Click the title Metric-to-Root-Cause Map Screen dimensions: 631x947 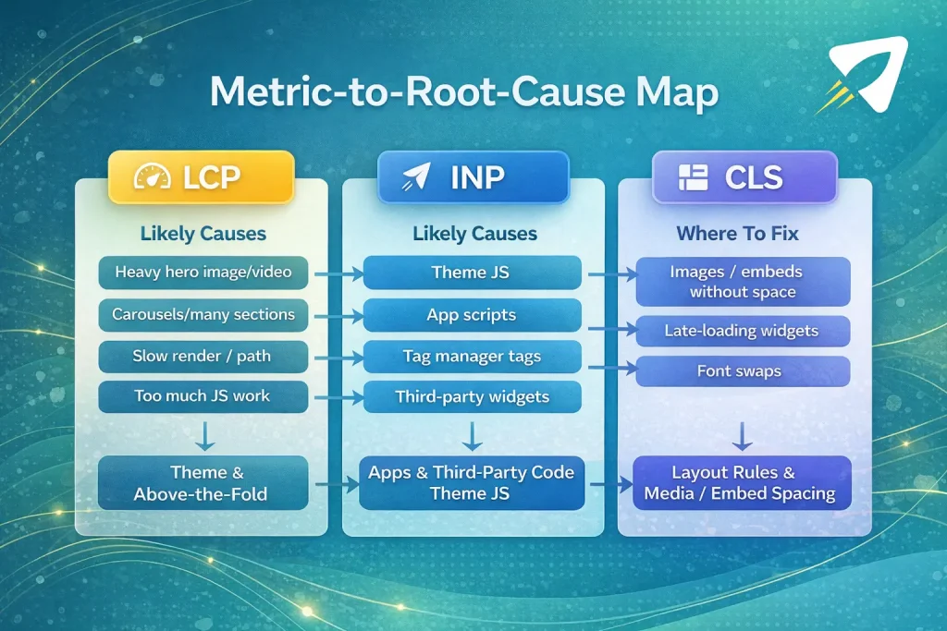pos(464,94)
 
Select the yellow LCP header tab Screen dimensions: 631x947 pos(201,177)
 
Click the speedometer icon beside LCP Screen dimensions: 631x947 pos(152,177)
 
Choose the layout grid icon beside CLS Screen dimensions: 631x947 pos(692,177)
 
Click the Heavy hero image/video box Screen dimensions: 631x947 pos(203,273)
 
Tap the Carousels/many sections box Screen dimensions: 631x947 pos(203,314)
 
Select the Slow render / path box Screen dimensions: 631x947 pos(203,356)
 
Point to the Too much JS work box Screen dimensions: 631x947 pos(203,396)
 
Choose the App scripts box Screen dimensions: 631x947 pos(472,315)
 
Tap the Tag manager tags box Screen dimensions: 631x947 pos(472,357)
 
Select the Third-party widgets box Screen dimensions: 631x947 pos(472,397)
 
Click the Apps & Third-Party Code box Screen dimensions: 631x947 pos(472,482)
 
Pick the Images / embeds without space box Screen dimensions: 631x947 pos(744,282)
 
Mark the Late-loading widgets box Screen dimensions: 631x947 pos(744,330)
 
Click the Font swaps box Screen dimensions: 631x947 pos(744,371)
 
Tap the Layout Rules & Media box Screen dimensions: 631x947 pos(744,482)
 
